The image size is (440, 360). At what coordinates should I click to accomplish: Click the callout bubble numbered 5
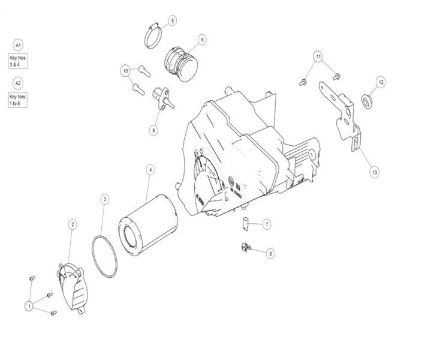172,20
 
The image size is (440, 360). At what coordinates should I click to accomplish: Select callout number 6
202,40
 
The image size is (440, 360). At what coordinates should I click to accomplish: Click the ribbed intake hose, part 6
180,64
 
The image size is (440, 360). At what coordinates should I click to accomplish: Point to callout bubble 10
125,71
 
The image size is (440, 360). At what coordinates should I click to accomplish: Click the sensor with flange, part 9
163,98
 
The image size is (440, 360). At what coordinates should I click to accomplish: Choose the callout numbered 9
153,131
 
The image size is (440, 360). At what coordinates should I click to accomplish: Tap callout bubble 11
318,57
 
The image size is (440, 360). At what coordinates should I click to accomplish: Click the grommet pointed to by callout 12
366,101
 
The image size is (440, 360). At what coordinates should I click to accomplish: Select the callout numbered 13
375,172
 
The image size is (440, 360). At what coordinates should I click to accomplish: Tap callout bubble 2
73,224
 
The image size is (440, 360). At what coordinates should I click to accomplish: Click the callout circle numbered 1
29,306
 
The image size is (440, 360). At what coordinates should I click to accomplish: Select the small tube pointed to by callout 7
246,224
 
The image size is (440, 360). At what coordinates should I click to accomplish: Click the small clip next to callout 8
245,247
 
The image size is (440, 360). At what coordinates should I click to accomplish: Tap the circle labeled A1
18,45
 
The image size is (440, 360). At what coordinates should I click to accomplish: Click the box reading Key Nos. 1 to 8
17,100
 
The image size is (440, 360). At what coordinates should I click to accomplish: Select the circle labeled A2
18,83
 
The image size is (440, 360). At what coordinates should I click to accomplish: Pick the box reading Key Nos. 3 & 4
17,61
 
